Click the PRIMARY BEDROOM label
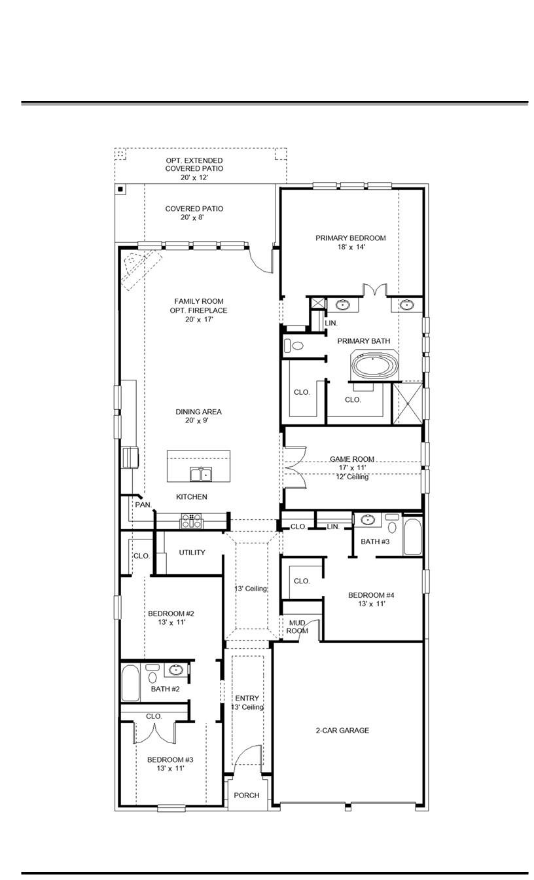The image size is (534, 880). point(350,238)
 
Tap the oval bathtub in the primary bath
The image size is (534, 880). point(375,364)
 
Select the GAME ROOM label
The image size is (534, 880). point(352,460)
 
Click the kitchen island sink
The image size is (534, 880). point(201,474)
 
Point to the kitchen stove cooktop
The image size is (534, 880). point(192,521)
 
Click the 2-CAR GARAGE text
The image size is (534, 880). point(342,730)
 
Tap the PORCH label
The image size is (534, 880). point(247,796)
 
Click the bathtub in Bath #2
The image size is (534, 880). point(130,683)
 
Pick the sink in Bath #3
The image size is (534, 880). point(368,521)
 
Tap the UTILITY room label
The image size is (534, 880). point(192,553)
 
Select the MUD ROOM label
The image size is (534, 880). point(297,627)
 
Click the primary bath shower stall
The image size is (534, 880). point(406,403)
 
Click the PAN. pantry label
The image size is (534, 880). point(143,505)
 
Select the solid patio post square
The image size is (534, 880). point(120,190)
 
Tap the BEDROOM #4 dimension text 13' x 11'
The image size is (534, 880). point(371,604)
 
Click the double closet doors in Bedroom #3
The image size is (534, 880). point(154,732)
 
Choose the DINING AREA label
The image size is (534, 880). point(198,412)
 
